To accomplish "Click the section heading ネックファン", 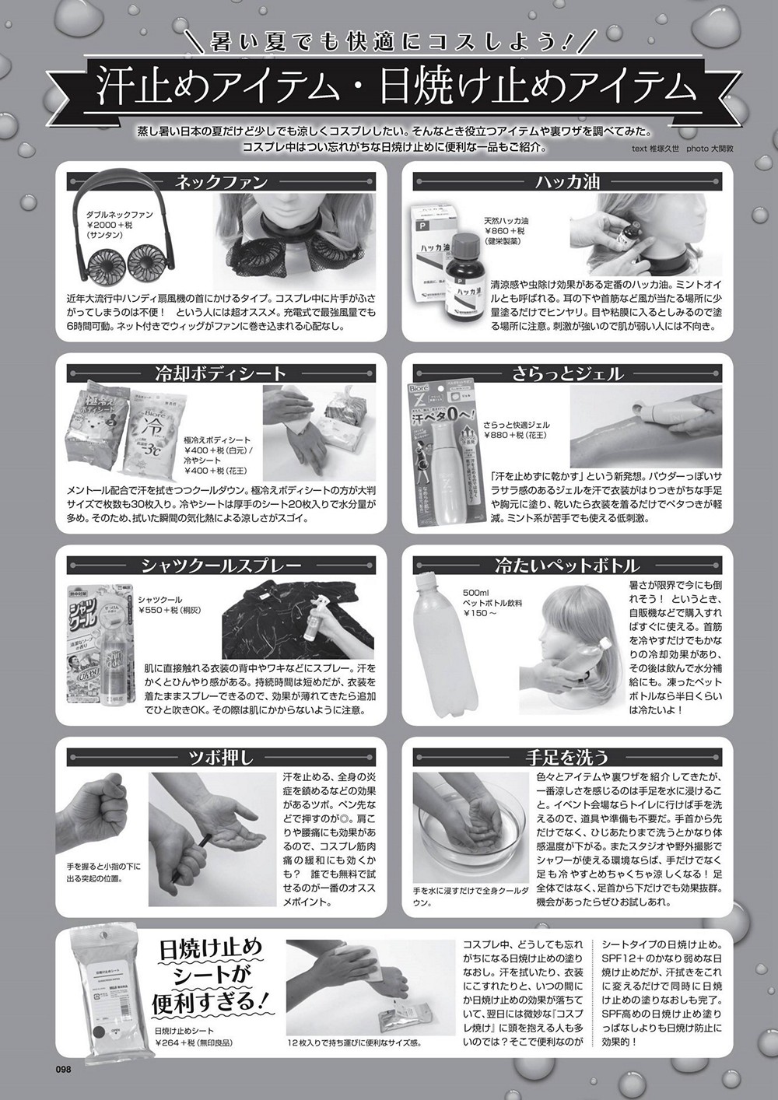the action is click(x=222, y=182).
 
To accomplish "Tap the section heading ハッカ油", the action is click(x=567, y=182).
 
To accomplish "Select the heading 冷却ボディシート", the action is click(x=221, y=373).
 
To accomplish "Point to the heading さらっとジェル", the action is click(x=567, y=373).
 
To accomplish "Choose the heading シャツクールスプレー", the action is click(x=221, y=566).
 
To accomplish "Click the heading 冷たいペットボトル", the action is click(x=567, y=566).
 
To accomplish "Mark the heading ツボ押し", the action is click(x=221, y=757).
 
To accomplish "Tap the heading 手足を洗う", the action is click(x=567, y=757).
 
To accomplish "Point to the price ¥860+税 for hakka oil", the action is click(x=504, y=231).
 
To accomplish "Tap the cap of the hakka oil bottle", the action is click(x=464, y=242).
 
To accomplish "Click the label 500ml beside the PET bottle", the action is click(x=476, y=593).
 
